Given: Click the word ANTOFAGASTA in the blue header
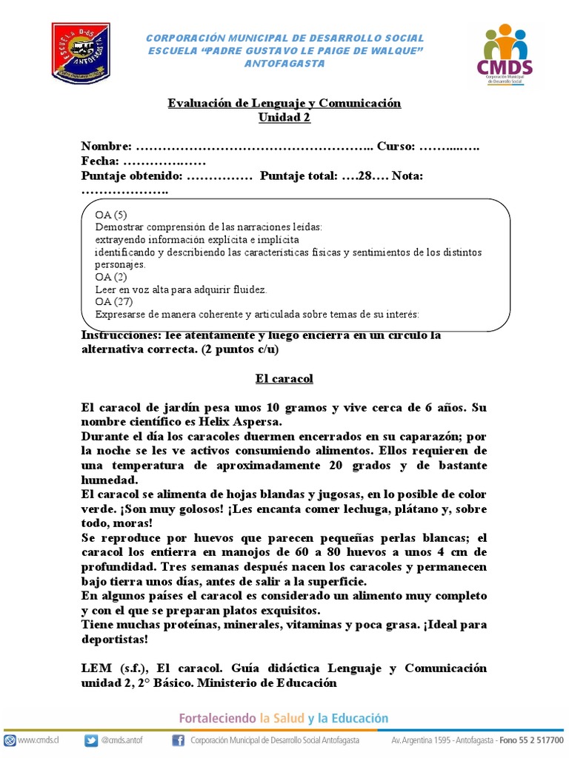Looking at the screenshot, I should pyautogui.click(x=284, y=64).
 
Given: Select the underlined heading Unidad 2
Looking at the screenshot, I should pyautogui.click(x=284, y=117).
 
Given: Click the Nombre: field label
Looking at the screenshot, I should pyautogui.click(x=107, y=147).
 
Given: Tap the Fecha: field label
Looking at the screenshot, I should pyautogui.click(x=100, y=161).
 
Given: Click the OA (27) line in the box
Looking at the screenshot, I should pyautogui.click(x=114, y=301).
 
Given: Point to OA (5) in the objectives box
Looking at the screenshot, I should pyautogui.click(x=111, y=215).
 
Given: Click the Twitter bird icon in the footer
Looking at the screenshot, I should pyautogui.click(x=91, y=740).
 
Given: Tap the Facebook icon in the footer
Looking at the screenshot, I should pyautogui.click(x=178, y=740).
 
